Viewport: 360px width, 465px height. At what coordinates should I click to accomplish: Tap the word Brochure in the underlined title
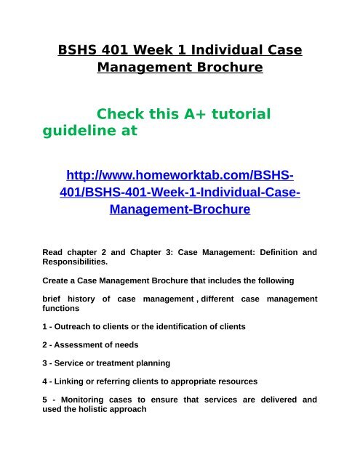point(225,69)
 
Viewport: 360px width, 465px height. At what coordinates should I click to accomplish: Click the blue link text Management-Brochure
point(180,209)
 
